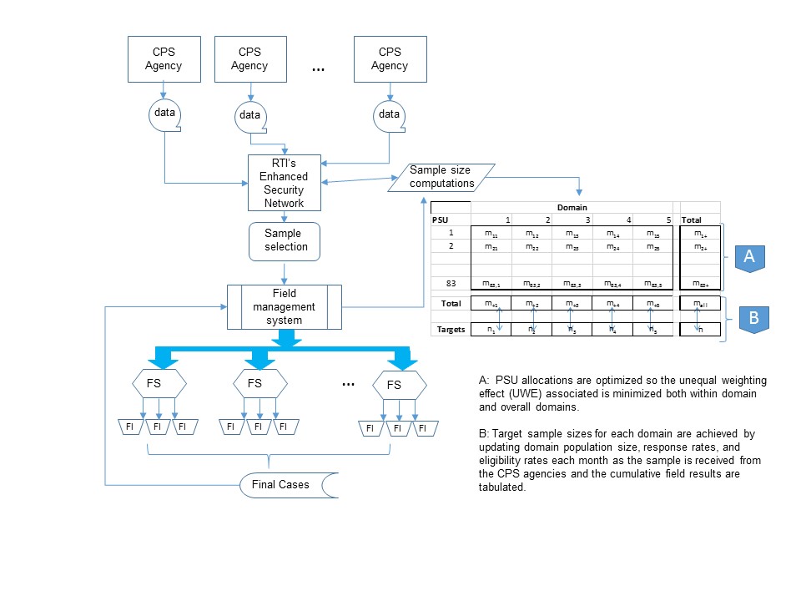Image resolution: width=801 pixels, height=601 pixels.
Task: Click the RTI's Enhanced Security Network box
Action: point(284,183)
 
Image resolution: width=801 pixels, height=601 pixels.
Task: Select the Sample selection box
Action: point(286,240)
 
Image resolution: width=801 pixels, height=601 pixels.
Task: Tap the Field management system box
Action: point(285,300)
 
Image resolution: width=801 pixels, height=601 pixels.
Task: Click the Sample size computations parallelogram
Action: point(441,177)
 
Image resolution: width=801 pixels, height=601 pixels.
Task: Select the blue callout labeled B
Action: point(753,318)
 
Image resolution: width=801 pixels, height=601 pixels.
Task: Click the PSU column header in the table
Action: point(441,220)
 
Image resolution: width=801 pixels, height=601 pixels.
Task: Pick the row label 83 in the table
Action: point(451,284)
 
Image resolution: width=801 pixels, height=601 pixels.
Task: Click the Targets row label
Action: point(451,331)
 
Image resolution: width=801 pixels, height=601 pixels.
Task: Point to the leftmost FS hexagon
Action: point(159,384)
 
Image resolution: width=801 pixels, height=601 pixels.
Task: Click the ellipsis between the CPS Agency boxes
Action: point(318,69)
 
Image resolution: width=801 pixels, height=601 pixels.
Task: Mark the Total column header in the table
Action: point(692,220)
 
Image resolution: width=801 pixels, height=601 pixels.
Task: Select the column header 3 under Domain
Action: point(590,220)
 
